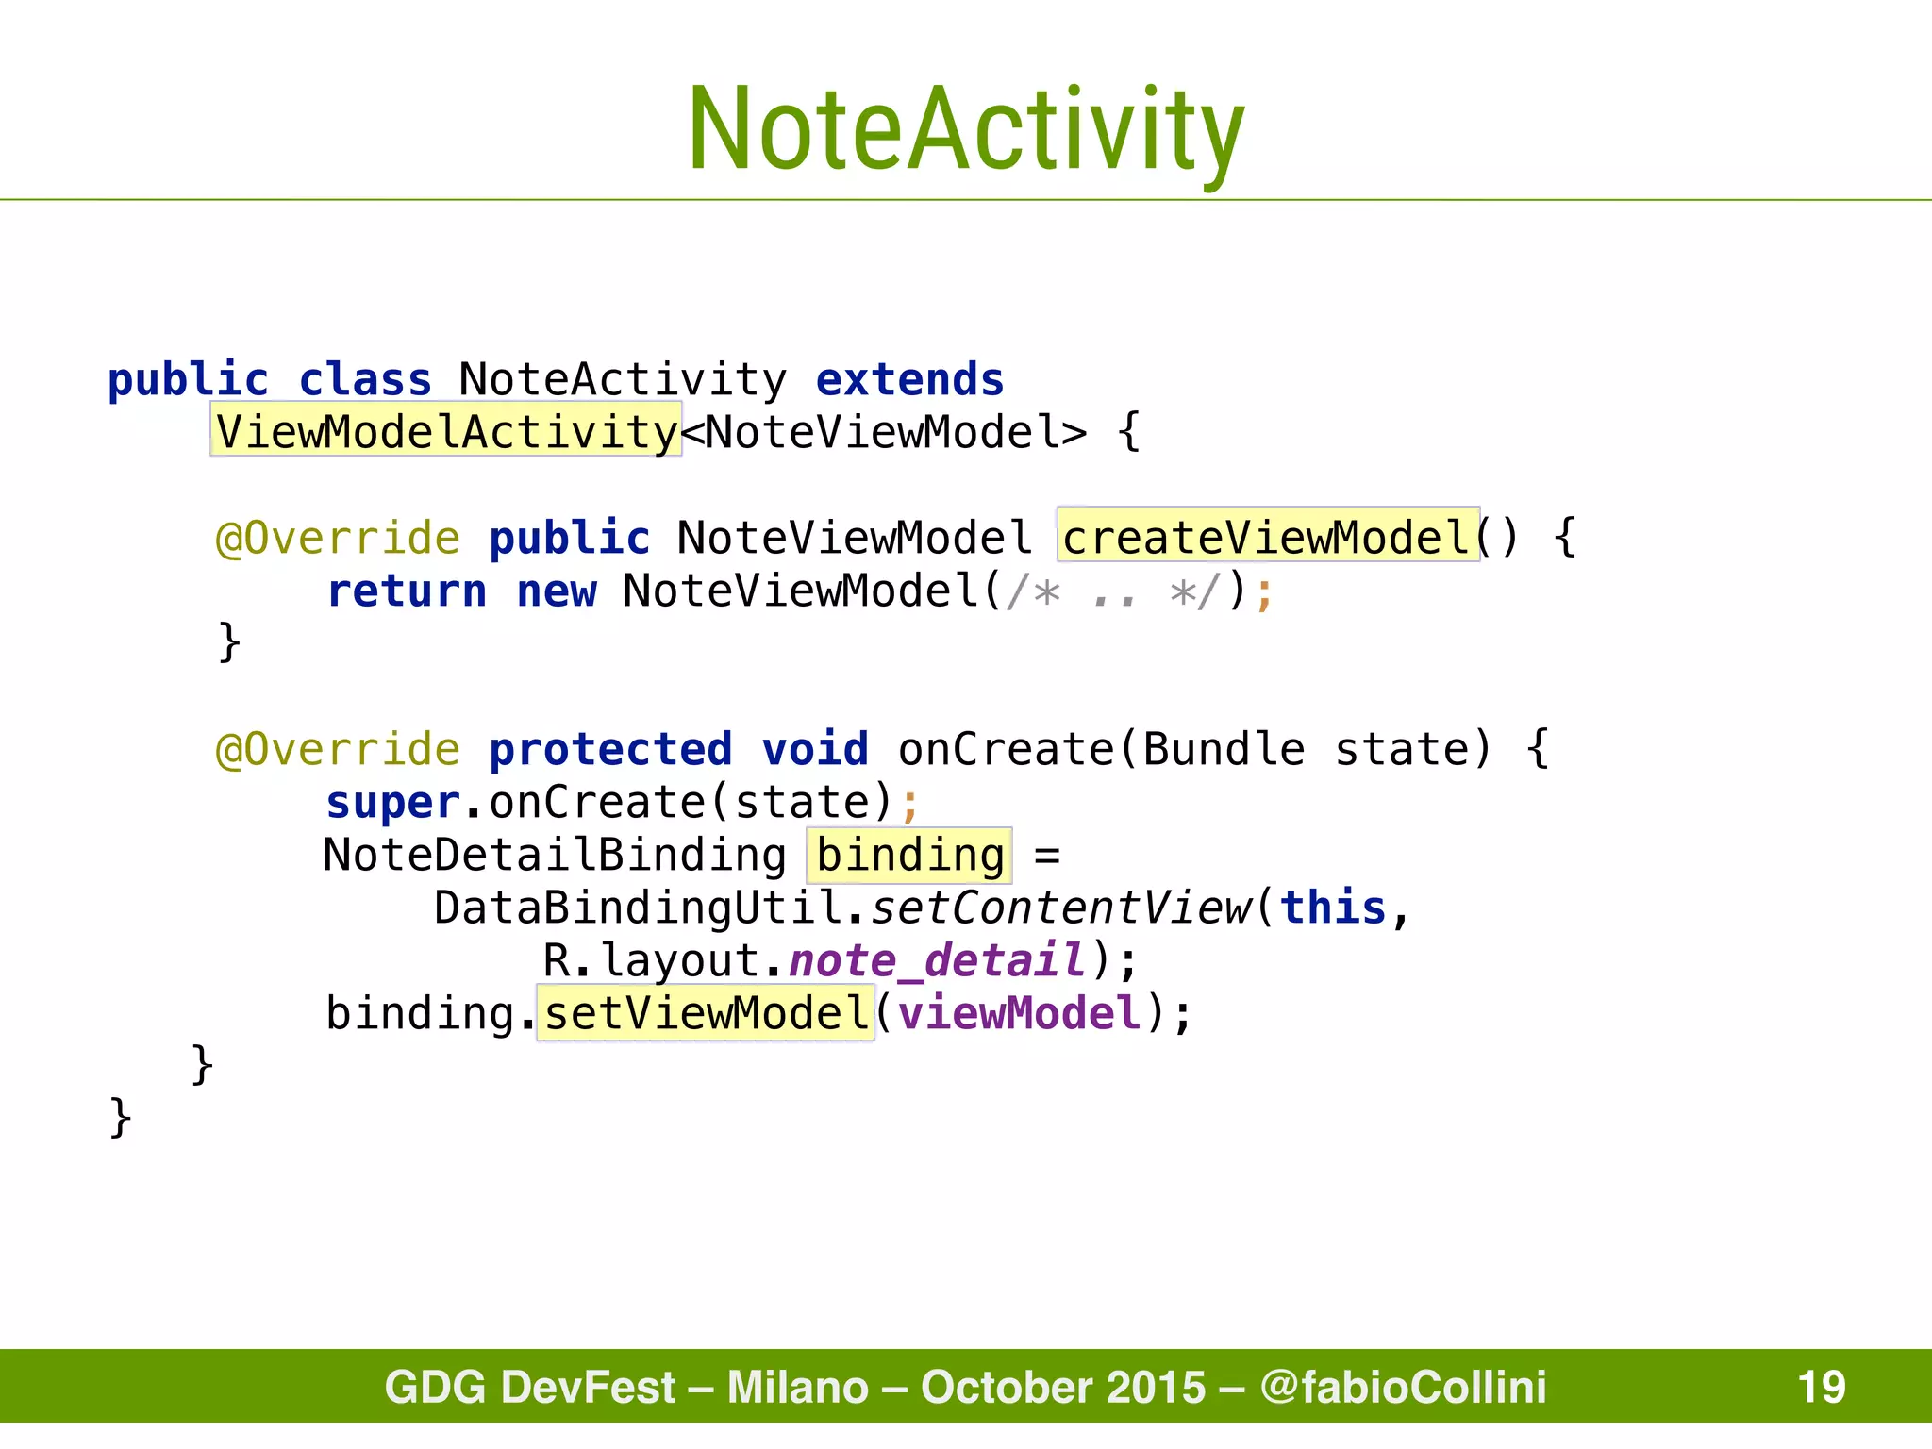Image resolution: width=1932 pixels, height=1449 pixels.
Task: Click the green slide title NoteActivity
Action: pyautogui.click(x=966, y=129)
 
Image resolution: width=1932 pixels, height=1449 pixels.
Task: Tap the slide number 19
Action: pyautogui.click(x=1821, y=1387)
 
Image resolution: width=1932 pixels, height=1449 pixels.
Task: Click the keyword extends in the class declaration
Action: pyautogui.click(x=909, y=380)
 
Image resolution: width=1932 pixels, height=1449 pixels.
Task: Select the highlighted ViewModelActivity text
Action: pyautogui.click(x=446, y=432)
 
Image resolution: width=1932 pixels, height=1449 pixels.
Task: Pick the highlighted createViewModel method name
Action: pyautogui.click(x=1267, y=538)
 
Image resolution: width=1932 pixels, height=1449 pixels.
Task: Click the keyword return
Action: pyautogui.click(x=407, y=591)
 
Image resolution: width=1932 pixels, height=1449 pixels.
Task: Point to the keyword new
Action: pyautogui.click(x=557, y=591)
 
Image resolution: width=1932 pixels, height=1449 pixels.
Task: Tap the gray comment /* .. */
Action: pyautogui.click(x=1114, y=592)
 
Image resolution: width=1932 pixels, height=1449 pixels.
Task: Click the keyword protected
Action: pyautogui.click(x=610, y=749)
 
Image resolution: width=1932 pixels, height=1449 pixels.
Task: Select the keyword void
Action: pyautogui.click(x=815, y=749)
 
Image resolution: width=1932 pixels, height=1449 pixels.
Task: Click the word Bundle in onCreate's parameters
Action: pyautogui.click(x=1224, y=749)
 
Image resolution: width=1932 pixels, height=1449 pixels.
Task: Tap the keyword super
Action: pyautogui.click(x=393, y=803)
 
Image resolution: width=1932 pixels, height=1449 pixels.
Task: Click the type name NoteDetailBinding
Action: pyautogui.click(x=555, y=855)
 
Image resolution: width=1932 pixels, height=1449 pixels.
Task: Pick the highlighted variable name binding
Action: pyautogui.click(x=909, y=855)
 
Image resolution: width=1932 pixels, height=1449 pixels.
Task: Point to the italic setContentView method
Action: pyautogui.click(x=1060, y=908)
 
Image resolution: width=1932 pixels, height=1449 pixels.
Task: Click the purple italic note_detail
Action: pyautogui.click(x=937, y=960)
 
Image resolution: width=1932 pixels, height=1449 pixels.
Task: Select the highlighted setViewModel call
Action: pyautogui.click(x=706, y=1013)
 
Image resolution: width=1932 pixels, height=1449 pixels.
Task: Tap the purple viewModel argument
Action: pyautogui.click(x=1019, y=1013)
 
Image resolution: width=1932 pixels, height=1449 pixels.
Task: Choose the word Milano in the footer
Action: pyautogui.click(x=797, y=1387)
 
